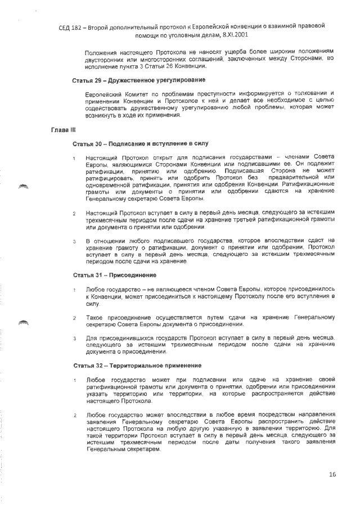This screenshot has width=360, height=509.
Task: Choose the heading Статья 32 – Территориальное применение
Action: pyautogui.click(x=137, y=366)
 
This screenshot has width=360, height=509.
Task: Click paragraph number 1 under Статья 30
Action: pyautogui.click(x=75, y=157)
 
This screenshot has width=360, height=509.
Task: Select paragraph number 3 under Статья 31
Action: pyautogui.click(x=75, y=338)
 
